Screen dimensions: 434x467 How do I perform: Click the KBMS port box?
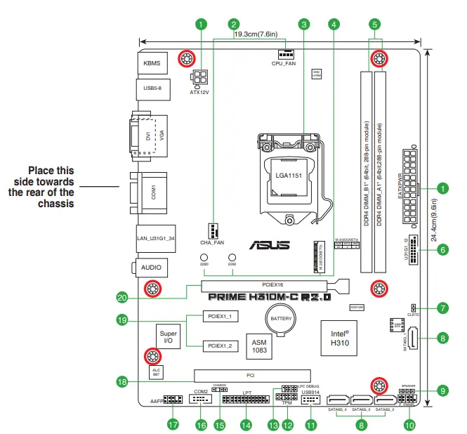[152, 63]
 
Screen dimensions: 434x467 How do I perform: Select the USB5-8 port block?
[152, 89]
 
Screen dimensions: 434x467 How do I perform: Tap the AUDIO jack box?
[152, 268]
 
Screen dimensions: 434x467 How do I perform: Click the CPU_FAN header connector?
[286, 54]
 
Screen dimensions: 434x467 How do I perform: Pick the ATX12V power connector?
[199, 77]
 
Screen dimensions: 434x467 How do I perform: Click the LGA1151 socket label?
[289, 176]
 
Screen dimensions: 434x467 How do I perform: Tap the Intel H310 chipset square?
[340, 338]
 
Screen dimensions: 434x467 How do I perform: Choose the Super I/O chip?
[168, 336]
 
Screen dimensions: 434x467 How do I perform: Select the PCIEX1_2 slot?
[221, 346]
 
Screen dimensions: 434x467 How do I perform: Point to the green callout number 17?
[173, 424]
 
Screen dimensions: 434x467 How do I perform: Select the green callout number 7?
[442, 308]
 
